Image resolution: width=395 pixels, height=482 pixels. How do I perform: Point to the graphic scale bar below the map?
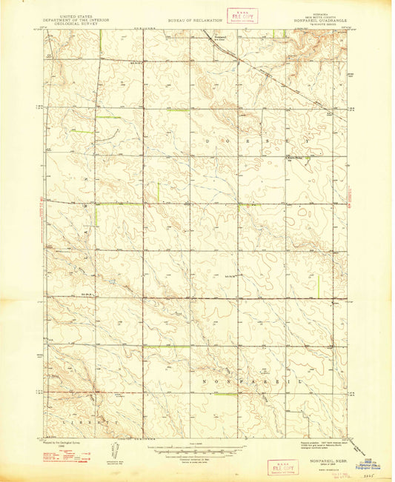[x=193, y=449]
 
